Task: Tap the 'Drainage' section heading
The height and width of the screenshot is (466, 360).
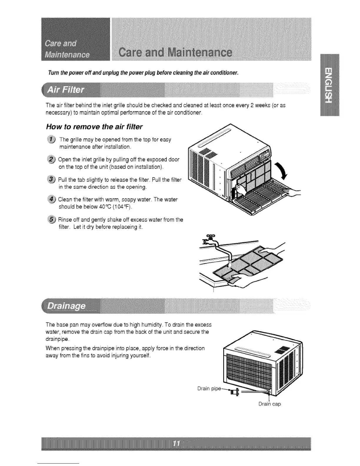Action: pos(67,306)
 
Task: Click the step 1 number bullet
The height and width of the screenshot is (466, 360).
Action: pos(52,139)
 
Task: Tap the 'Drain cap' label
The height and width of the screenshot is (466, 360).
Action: pos(269,404)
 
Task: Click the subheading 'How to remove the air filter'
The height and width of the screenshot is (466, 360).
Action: pos(94,127)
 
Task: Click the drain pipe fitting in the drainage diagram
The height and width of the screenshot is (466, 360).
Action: pos(235,392)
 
